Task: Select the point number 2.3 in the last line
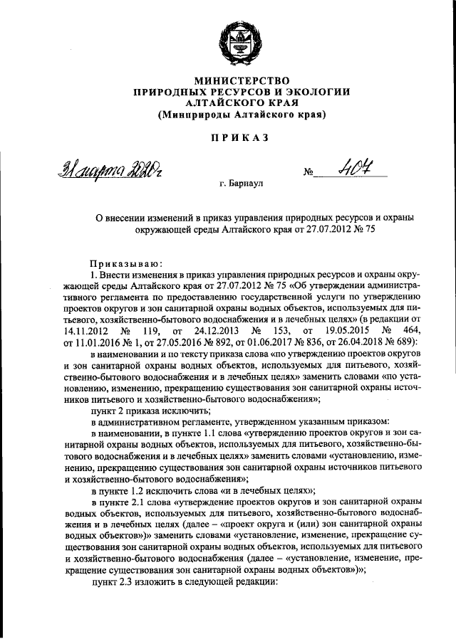tap(124, 582)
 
